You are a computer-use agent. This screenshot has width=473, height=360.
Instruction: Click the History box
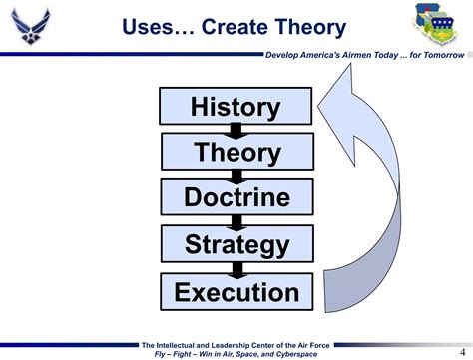pyautogui.click(x=236, y=106)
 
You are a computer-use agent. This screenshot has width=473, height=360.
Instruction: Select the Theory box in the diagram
pyautogui.click(x=236, y=152)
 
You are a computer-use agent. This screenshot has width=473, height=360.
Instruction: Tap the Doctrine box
pyautogui.click(x=236, y=197)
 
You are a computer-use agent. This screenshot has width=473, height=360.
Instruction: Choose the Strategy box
pyautogui.click(x=236, y=244)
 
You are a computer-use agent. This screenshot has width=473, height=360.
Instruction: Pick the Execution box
pyautogui.click(x=236, y=292)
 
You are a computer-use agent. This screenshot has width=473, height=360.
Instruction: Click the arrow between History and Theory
pyautogui.click(x=236, y=129)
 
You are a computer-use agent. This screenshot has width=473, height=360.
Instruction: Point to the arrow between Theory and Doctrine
pyautogui.click(x=236, y=175)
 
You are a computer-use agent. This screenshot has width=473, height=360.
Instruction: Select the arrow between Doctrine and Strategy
pyautogui.click(x=236, y=220)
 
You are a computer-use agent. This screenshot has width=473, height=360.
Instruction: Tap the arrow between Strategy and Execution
pyautogui.click(x=236, y=268)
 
